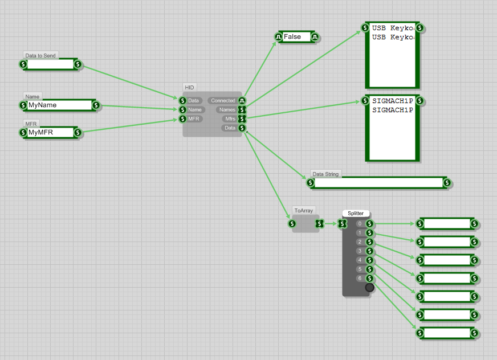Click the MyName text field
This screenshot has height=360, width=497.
(59, 105)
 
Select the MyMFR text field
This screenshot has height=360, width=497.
(50, 133)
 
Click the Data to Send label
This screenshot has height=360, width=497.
(40, 56)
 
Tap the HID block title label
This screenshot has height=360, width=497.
(189, 87)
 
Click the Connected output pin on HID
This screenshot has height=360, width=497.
(242, 101)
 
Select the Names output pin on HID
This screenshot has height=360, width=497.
(242, 110)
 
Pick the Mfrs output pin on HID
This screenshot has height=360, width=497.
(242, 119)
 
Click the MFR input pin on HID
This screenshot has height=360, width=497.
(182, 119)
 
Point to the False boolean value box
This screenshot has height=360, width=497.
(296, 37)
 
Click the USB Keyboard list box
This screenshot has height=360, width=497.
(392, 55)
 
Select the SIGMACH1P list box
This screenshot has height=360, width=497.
(392, 128)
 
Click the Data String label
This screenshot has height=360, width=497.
(325, 174)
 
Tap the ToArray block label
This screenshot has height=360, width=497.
(303, 210)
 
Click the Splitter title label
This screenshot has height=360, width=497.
(356, 214)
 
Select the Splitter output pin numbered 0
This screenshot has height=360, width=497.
(369, 224)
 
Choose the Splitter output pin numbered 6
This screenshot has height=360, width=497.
(369, 279)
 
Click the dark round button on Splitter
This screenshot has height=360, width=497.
(369, 288)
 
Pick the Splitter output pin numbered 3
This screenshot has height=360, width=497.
(369, 251)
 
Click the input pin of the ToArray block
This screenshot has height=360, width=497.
(292, 224)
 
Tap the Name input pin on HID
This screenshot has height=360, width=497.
(182, 110)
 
